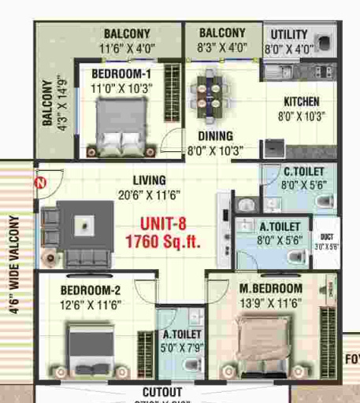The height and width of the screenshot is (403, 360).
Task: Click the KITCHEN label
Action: (302, 102)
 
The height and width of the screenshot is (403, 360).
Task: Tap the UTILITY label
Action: (289, 35)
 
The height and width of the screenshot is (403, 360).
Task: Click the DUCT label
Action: (326, 236)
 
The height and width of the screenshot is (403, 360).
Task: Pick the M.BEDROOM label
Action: (271, 288)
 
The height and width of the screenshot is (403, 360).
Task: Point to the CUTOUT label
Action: (162, 392)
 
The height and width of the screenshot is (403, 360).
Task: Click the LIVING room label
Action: (149, 179)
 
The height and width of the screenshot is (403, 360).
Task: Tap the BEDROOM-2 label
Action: (91, 291)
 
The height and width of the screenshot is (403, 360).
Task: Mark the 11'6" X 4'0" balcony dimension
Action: (127, 49)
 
